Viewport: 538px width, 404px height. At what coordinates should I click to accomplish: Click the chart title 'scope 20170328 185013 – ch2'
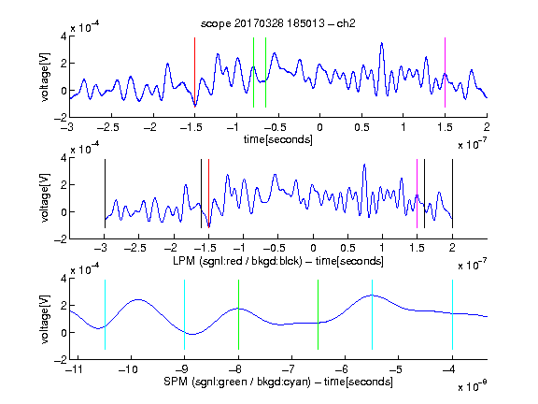pos(278,23)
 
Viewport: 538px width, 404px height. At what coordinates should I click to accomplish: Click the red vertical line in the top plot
pos(194,73)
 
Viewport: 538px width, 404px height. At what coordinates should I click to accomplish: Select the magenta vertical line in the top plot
pos(445,73)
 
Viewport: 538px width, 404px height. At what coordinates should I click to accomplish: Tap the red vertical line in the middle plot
pos(208,194)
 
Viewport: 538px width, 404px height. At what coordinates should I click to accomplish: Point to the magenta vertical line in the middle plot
pos(417,194)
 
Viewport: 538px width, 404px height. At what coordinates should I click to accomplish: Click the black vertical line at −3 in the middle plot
pos(105,194)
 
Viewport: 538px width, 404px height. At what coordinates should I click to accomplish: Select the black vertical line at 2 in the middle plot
pos(452,194)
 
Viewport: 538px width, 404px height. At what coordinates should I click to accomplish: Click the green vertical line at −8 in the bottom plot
pos(238,314)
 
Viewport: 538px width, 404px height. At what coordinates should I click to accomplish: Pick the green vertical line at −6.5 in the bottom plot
pos(319,314)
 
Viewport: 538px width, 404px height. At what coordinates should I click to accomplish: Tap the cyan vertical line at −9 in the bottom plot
pos(185,314)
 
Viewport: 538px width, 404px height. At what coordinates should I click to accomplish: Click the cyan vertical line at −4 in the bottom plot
pos(452,314)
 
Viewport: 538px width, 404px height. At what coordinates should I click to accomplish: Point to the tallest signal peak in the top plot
pos(381,43)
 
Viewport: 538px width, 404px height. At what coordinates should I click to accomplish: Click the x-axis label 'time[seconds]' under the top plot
pos(278,139)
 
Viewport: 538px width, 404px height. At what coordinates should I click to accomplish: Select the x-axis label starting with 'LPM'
pos(278,261)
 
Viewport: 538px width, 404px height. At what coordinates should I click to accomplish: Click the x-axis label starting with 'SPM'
pos(278,382)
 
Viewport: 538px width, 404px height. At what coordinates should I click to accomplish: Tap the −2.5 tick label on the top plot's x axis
pos(108,127)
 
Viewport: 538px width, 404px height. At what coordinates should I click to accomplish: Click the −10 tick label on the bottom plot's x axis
pos(128,369)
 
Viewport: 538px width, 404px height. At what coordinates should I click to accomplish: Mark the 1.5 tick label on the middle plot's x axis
pos(417,248)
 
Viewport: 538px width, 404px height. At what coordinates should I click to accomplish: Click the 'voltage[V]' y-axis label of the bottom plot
pos(45,319)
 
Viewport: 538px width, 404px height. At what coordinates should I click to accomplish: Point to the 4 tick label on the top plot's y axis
pos(64,36)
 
